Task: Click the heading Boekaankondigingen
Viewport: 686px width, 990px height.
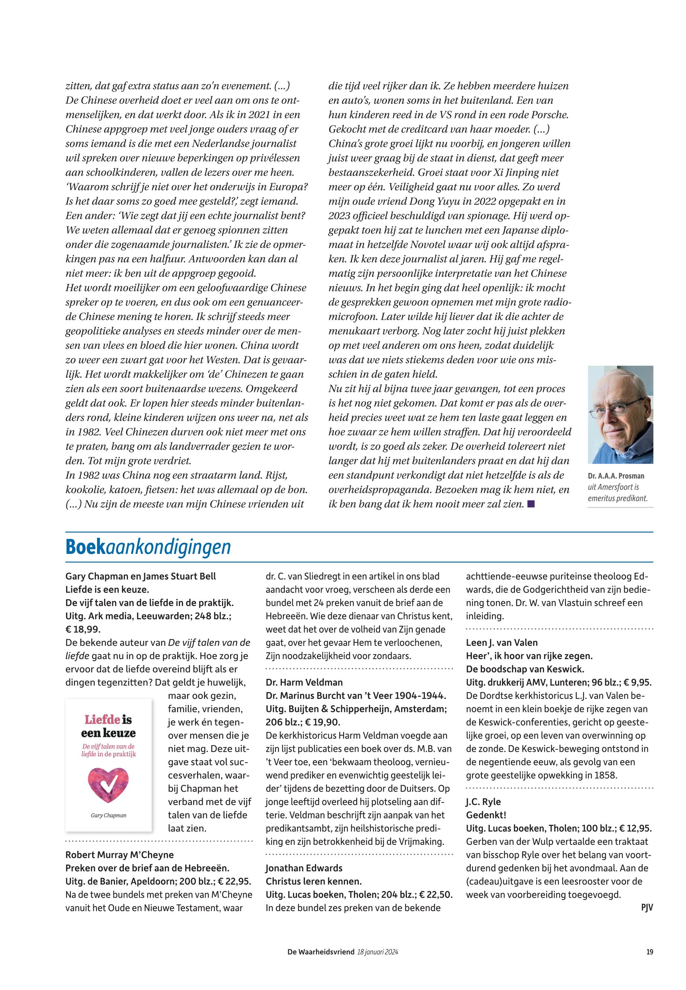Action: (148, 547)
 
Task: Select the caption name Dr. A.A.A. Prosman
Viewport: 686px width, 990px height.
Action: (616, 476)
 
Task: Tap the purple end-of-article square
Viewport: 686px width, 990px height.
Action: (531, 504)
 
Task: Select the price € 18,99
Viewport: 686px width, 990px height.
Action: (83, 629)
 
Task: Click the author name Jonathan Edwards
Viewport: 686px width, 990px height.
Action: (304, 868)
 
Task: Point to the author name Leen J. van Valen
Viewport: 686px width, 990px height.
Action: (502, 643)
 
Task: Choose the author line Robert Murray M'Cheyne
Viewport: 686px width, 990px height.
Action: (119, 855)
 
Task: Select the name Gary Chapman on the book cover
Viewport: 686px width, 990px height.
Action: (108, 815)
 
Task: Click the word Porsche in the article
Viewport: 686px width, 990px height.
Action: (545, 115)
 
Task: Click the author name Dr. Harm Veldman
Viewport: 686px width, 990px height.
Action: (304, 682)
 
